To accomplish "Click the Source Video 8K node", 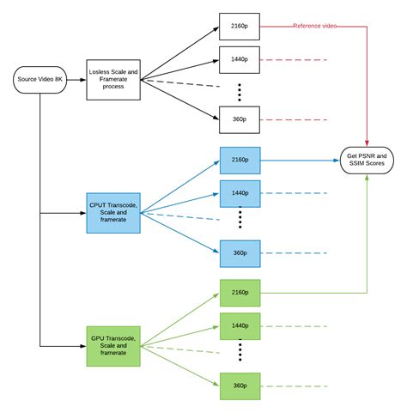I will point(39,81).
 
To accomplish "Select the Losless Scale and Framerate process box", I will point(112,80).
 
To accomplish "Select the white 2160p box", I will point(240,26).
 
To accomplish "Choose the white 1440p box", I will point(240,59).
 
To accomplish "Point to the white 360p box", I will point(240,120).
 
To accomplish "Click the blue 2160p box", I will point(240,159).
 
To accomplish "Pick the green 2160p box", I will point(240,292).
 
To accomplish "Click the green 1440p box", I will point(240,325).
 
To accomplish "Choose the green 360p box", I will point(240,386).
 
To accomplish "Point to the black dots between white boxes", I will point(240,90).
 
